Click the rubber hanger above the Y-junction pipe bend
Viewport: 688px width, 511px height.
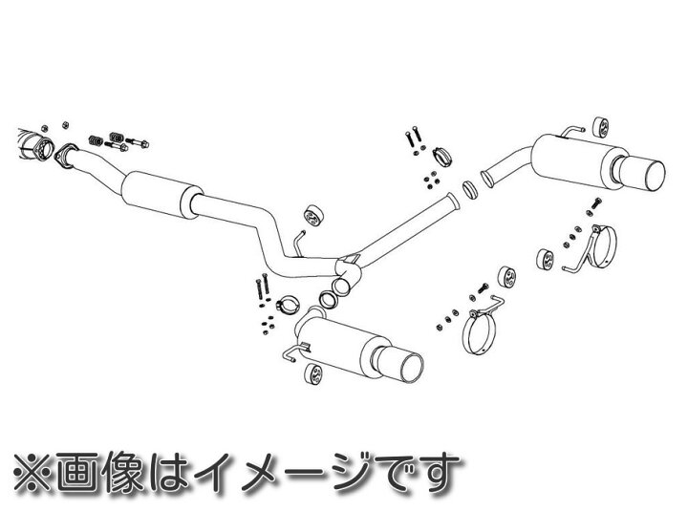(x=310, y=214)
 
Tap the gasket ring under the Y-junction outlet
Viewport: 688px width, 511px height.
(x=325, y=301)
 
